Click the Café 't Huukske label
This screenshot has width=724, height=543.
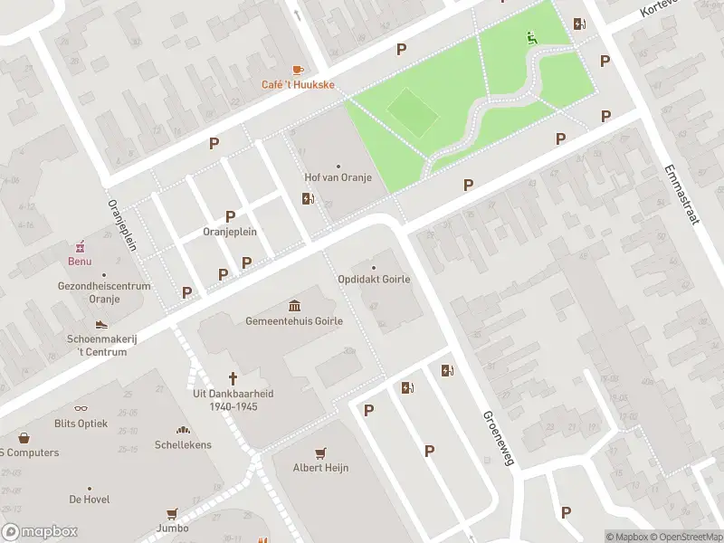(x=298, y=85)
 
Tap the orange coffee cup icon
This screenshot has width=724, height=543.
(x=298, y=70)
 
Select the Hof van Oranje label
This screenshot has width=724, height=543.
(x=338, y=177)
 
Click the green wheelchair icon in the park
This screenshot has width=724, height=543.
(x=531, y=38)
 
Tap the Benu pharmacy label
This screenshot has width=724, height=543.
(x=80, y=262)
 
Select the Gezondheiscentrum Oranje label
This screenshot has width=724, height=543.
(x=104, y=292)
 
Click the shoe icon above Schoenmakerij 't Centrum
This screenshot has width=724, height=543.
(x=101, y=324)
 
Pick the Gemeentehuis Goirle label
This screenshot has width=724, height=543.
(x=294, y=321)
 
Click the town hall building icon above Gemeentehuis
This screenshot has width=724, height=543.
(x=294, y=305)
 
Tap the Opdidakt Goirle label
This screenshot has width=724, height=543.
(x=374, y=279)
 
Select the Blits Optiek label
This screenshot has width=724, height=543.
(x=81, y=424)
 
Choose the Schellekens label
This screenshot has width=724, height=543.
(x=183, y=445)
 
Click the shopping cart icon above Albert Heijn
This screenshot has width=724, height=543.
(x=319, y=452)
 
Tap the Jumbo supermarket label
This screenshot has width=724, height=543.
(x=172, y=528)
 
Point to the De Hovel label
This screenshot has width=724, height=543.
(x=89, y=499)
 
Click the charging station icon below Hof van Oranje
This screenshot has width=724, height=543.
(x=308, y=199)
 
